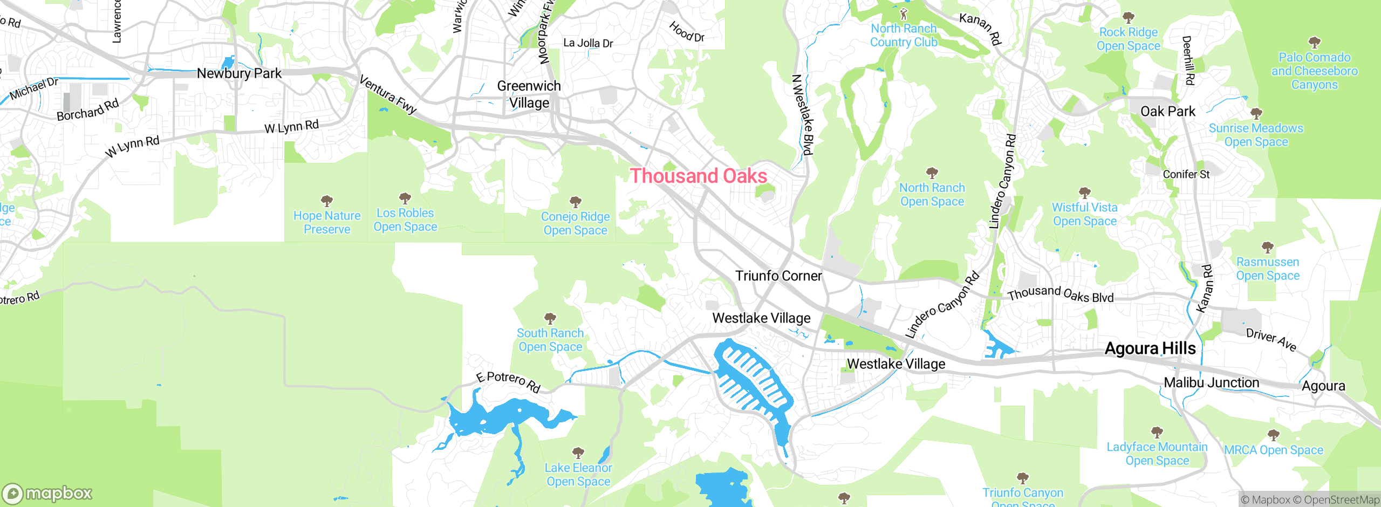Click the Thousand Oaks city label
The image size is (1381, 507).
[699, 176]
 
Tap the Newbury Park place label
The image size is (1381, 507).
[239, 73]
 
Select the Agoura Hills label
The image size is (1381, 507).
[1150, 348]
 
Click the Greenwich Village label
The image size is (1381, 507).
[529, 94]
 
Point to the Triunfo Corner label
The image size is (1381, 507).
[778, 276]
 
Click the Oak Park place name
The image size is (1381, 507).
[1168, 112]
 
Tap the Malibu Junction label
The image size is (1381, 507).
[1211, 383]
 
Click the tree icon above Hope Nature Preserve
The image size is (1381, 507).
[327, 201]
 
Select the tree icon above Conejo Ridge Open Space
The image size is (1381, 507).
[576, 202]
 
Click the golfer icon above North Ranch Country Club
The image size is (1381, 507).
[904, 14]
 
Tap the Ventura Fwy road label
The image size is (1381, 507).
[388, 95]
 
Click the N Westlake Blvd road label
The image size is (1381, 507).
[802, 115]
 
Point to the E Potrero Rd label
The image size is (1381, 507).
[508, 381]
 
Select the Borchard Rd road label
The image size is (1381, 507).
[88, 110]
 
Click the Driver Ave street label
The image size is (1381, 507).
[1271, 339]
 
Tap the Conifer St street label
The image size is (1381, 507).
[1186, 174]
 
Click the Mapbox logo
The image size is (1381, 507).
[47, 493]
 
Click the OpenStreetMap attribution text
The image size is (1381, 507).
[1340, 500]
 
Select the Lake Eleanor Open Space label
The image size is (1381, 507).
[578, 475]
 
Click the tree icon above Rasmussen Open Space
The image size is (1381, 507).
[1268, 248]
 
